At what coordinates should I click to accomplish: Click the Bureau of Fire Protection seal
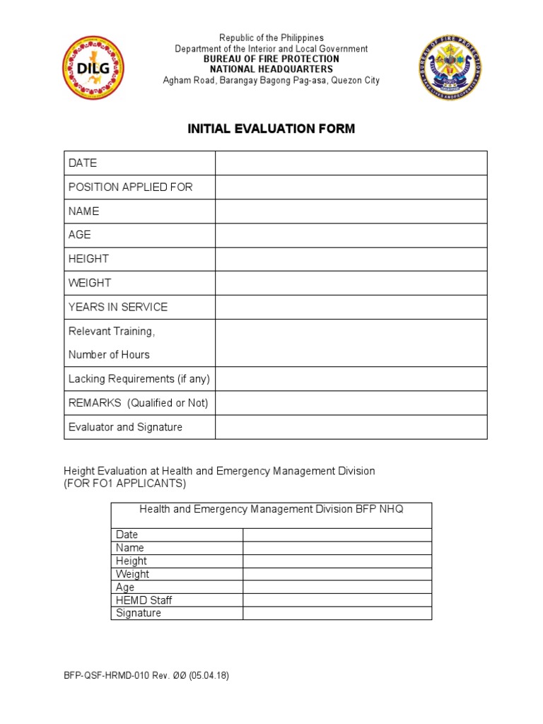[x=450, y=68]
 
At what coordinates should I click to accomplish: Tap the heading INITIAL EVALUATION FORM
[x=271, y=129]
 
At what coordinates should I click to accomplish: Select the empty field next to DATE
[x=351, y=163]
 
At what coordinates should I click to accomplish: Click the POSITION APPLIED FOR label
[x=130, y=187]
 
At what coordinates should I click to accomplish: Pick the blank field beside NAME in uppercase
[x=351, y=211]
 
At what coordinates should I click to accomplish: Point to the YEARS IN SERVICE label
[x=118, y=307]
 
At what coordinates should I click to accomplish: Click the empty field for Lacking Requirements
[x=351, y=379]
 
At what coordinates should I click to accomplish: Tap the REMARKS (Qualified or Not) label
[x=138, y=403]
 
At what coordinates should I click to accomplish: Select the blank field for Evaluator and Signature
[x=351, y=427]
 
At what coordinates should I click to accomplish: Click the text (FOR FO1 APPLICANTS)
[x=124, y=484]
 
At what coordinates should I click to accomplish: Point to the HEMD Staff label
[x=144, y=600]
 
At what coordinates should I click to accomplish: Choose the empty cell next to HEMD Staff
[x=337, y=600]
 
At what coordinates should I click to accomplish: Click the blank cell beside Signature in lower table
[x=337, y=614]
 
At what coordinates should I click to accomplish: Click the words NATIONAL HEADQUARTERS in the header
[x=271, y=69]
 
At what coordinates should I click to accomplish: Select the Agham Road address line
[x=271, y=80]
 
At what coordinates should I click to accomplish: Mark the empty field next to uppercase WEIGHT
[x=351, y=283]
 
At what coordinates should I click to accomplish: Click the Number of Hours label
[x=109, y=355]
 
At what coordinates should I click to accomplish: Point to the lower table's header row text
[x=271, y=509]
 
